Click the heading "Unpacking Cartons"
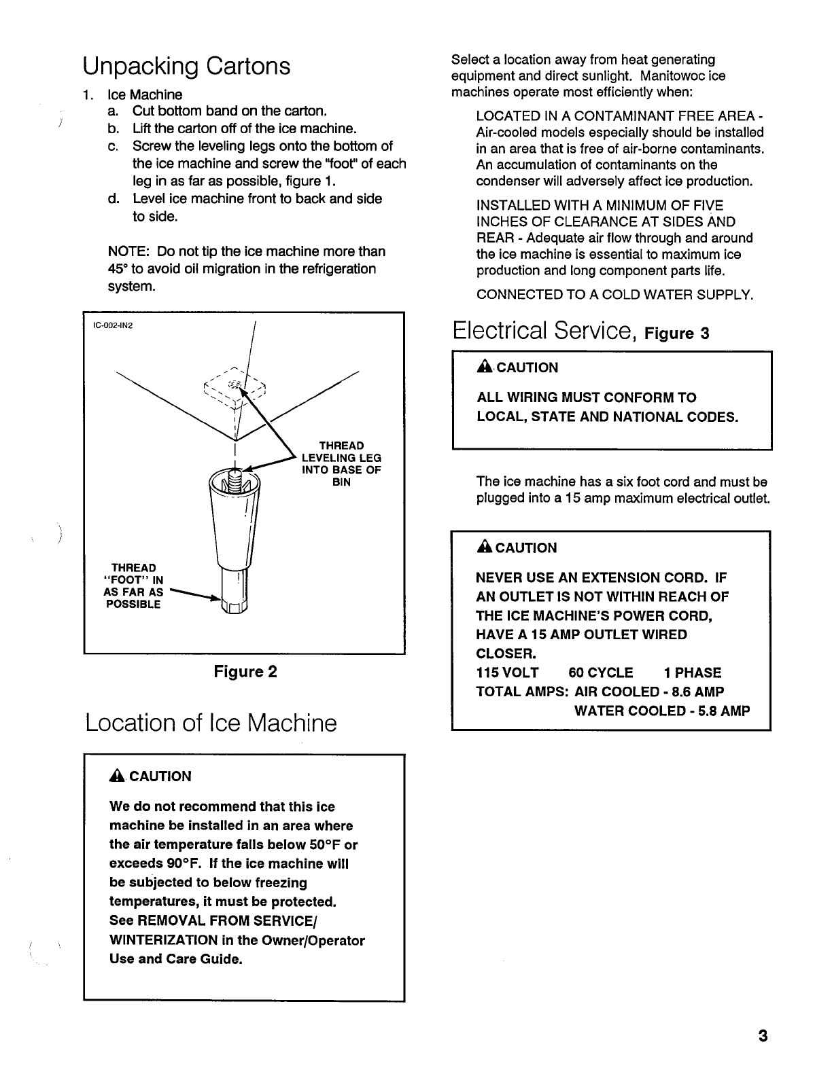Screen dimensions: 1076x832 186,67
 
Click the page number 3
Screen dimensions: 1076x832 763,1037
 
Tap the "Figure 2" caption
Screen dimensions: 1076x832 245,672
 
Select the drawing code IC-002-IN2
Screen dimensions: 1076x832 113,325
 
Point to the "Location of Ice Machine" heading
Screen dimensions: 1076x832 211,723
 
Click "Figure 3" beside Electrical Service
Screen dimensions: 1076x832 676,334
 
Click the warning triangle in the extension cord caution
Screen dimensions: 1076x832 484,548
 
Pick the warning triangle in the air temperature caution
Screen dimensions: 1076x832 118,776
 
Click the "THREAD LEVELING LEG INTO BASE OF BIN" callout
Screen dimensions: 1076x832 341,464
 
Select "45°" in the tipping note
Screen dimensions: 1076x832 118,269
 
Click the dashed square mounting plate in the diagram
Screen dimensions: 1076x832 235,389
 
